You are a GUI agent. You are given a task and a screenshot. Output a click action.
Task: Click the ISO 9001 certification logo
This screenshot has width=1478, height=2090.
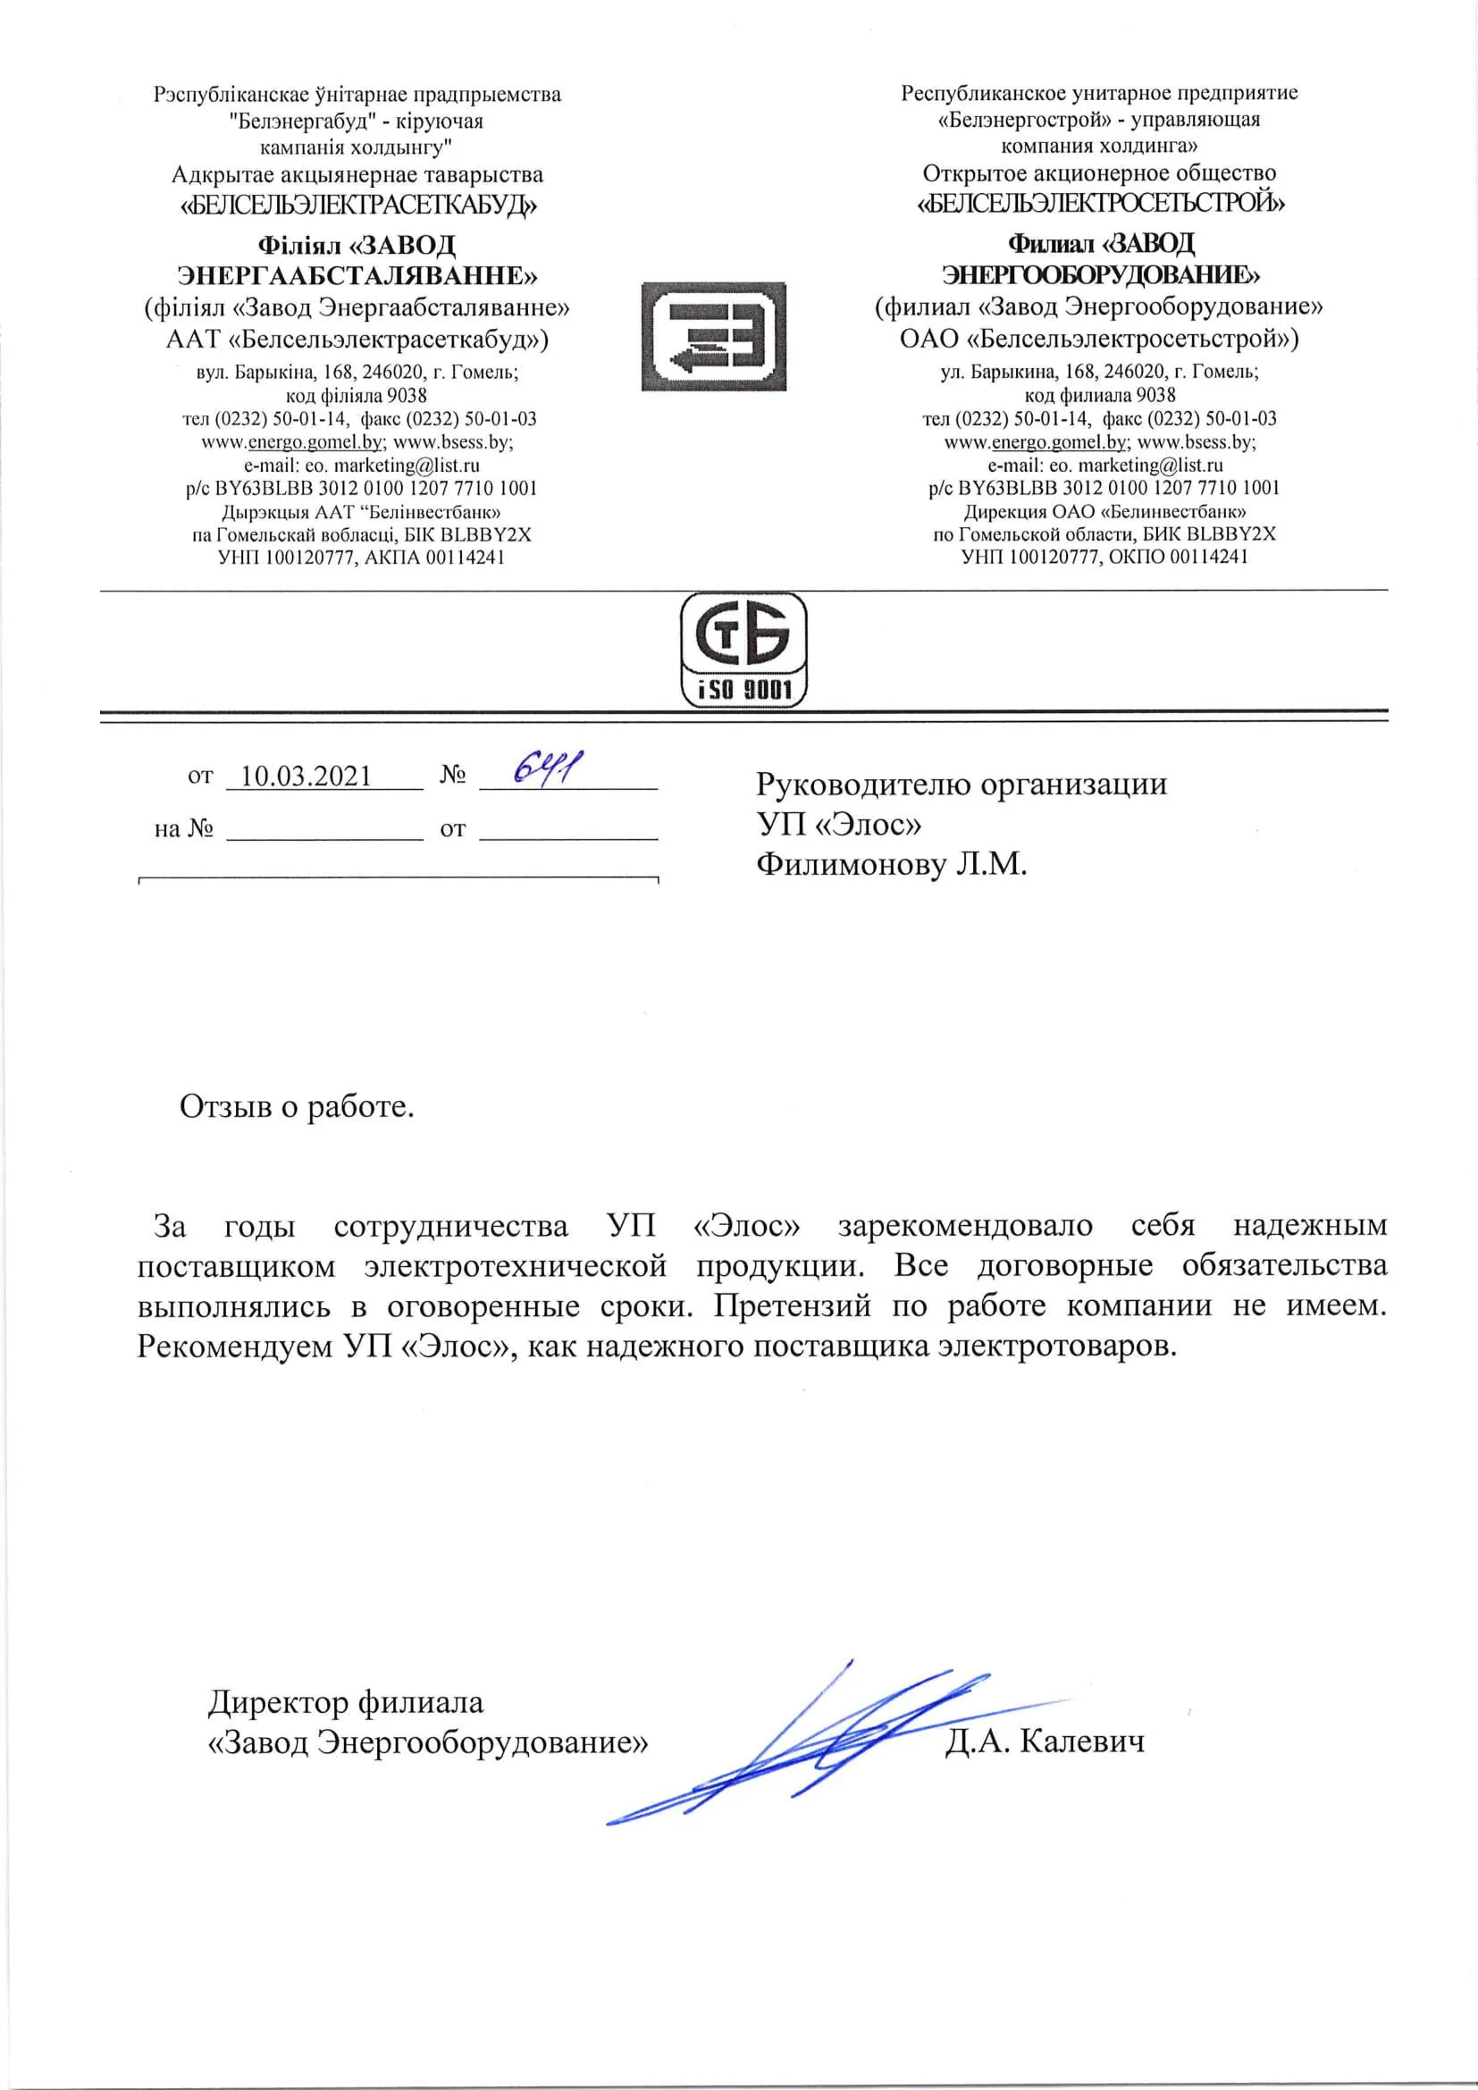pos(743,648)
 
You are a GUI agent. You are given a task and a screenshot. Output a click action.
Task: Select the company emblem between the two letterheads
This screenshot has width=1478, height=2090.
pos(712,336)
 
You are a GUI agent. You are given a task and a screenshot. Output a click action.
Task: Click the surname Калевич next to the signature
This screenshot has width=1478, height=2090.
pos(1082,1742)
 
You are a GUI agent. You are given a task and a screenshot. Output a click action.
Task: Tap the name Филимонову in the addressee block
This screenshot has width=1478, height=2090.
pos(850,864)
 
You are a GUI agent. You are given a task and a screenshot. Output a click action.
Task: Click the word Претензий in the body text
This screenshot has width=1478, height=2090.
pos(789,1306)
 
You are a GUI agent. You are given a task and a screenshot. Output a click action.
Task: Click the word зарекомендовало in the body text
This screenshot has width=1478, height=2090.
pos(966,1226)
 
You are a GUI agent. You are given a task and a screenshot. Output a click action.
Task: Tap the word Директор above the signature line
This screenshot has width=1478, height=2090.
pos(279,1702)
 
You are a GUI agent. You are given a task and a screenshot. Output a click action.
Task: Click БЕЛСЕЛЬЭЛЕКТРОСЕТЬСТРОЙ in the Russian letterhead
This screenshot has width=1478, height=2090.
pos(1101,202)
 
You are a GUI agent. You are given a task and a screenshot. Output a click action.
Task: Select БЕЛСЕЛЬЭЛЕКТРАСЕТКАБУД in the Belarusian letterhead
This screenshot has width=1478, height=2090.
pos(358,205)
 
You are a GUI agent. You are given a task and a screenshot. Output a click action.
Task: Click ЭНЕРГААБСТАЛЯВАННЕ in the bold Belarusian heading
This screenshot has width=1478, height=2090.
pos(357,275)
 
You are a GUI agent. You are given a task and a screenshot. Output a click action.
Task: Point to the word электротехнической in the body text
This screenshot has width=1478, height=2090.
pos(516,1266)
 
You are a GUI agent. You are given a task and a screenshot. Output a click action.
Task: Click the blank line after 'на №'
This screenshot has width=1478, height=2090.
pos(324,830)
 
